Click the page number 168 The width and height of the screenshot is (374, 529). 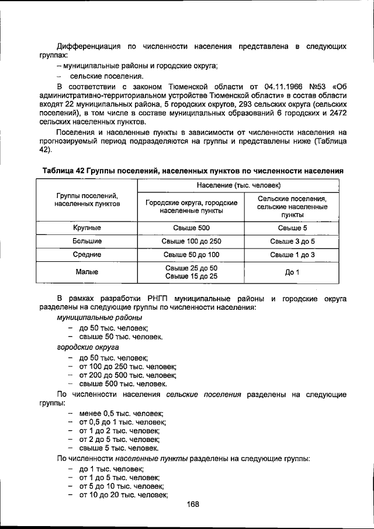point(193,506)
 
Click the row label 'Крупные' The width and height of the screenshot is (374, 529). point(87,228)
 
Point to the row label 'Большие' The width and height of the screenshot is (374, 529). point(87,241)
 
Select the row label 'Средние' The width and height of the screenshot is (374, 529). point(87,255)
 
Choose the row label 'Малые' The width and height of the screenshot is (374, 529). point(87,272)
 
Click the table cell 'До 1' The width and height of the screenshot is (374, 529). point(292,272)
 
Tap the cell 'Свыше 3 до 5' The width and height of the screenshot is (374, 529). point(292,241)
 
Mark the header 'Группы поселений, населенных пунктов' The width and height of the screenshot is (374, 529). point(87,200)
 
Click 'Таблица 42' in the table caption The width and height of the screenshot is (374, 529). point(64,170)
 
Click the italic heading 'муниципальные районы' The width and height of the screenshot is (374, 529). point(99,317)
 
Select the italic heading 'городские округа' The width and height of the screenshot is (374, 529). point(84,347)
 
